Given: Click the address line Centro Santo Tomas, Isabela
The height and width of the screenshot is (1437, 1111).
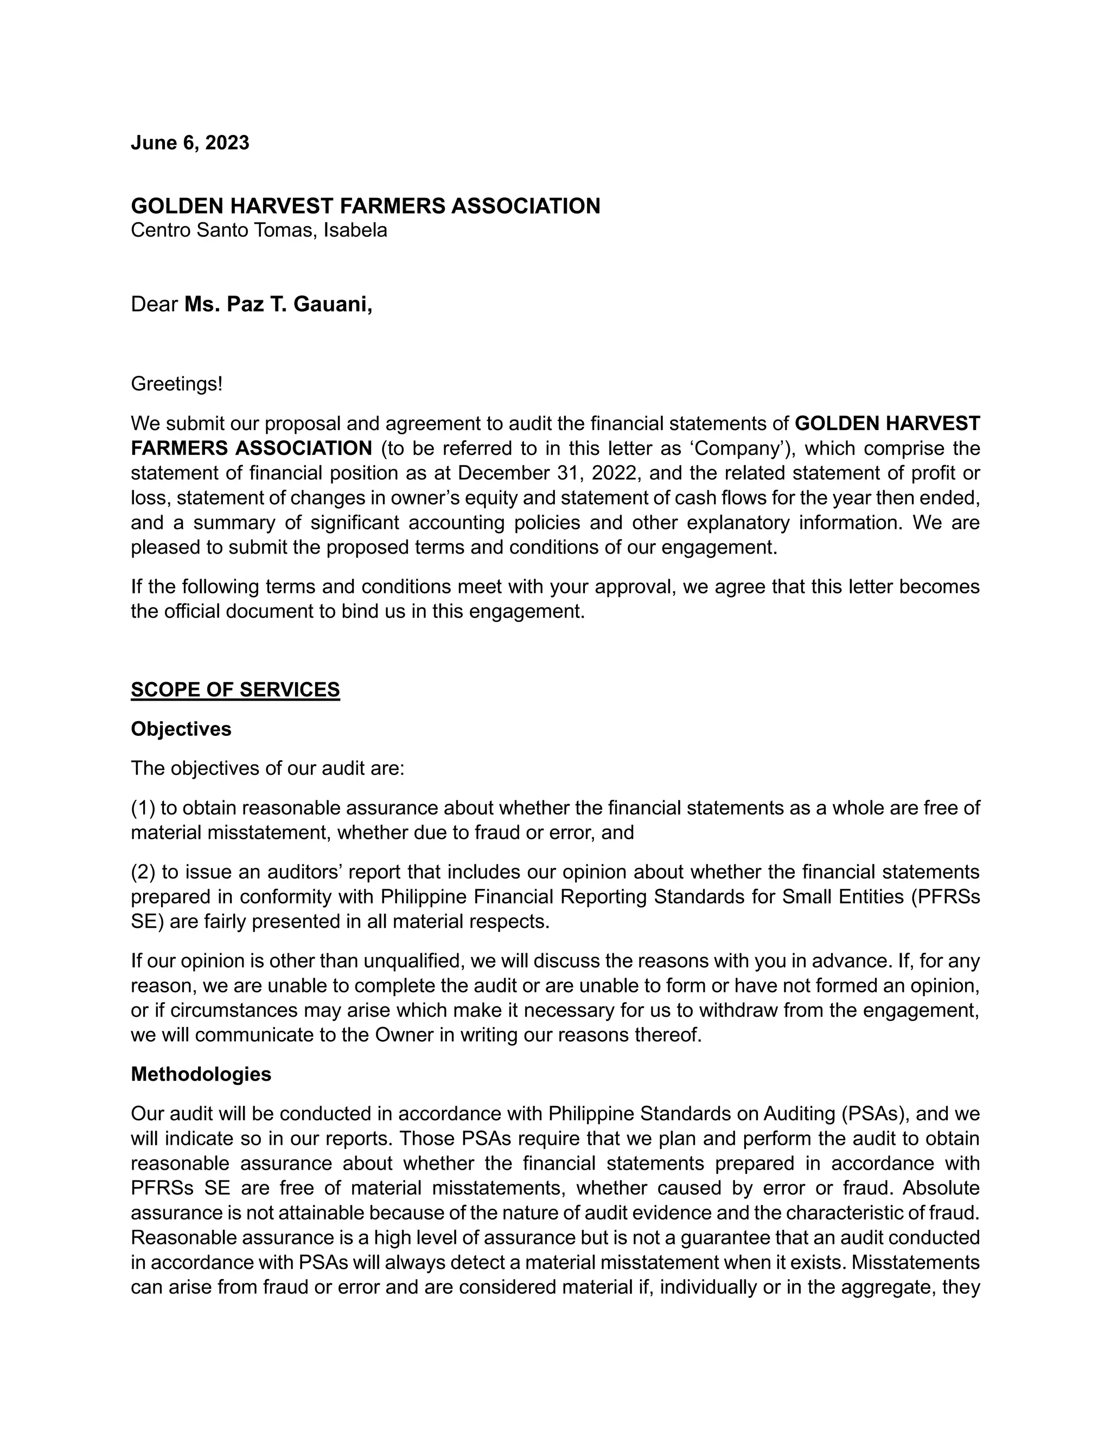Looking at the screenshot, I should [259, 230].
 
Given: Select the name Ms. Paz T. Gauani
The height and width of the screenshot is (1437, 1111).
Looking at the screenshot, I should [278, 304].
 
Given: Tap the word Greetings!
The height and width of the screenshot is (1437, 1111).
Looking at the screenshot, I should [176, 383].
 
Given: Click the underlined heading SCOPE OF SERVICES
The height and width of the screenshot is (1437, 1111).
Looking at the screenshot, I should [235, 690].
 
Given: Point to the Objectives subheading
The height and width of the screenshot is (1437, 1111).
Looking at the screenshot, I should [181, 729].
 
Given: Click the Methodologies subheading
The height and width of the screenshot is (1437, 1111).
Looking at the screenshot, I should [201, 1074].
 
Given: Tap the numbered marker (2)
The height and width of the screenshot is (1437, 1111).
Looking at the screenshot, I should [143, 872].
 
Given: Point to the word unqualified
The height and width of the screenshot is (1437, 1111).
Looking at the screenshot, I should [414, 961].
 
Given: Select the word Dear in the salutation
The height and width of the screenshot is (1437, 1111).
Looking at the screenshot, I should [155, 304].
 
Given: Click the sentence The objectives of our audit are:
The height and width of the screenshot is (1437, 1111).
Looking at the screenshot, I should [267, 768].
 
